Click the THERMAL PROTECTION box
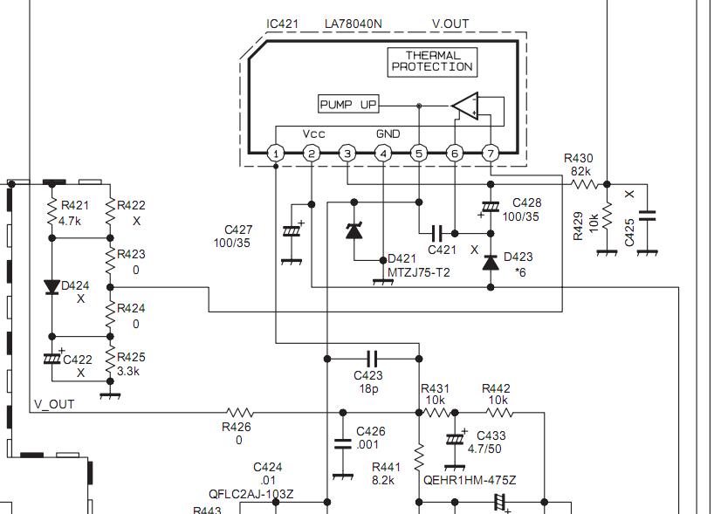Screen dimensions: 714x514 pyautogui.click(x=432, y=62)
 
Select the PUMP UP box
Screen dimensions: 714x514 pyautogui.click(x=348, y=104)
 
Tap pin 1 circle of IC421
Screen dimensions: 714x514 pyautogui.click(x=276, y=154)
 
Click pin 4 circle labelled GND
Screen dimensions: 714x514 pyautogui.click(x=383, y=154)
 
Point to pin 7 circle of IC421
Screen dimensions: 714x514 pyautogui.click(x=491, y=154)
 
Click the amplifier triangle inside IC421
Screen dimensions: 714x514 pyautogui.click(x=465, y=106)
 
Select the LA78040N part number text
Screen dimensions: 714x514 pyautogui.click(x=354, y=24)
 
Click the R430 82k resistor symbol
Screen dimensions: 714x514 pyautogui.click(x=585, y=184)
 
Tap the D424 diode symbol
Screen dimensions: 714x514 pyautogui.click(x=51, y=287)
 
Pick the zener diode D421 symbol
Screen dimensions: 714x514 pyautogui.click(x=354, y=231)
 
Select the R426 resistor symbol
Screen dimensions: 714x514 pyautogui.click(x=240, y=413)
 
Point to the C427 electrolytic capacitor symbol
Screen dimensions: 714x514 pyautogui.click(x=292, y=231)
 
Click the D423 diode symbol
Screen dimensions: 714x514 pyautogui.click(x=491, y=262)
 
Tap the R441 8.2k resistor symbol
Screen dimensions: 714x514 pyautogui.click(x=419, y=457)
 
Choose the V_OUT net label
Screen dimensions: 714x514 pyautogui.click(x=54, y=404)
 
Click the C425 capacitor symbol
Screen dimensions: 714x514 pyautogui.click(x=647, y=216)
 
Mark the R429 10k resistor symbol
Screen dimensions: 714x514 pyautogui.click(x=607, y=216)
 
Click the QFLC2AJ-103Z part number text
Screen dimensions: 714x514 pyautogui.click(x=251, y=494)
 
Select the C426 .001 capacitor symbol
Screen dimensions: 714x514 pyautogui.click(x=343, y=444)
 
